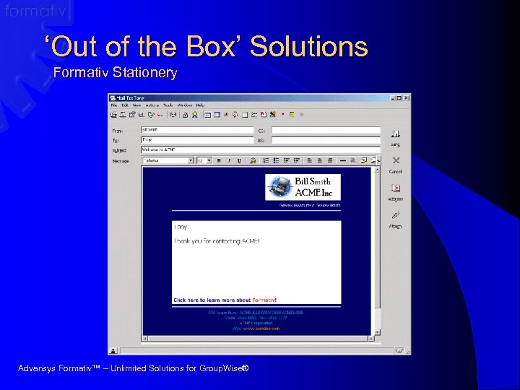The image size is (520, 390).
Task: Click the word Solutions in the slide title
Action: [x=308, y=48]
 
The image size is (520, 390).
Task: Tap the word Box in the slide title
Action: [x=212, y=48]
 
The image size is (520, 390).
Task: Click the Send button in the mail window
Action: [x=395, y=136]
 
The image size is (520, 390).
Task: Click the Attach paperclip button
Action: [x=395, y=218]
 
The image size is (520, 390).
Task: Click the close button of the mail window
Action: [x=406, y=97]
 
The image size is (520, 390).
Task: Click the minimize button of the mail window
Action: [x=393, y=97]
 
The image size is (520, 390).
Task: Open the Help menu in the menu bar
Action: [x=200, y=105]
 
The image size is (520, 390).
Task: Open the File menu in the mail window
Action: [x=113, y=105]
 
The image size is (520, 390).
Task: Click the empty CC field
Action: [x=326, y=130]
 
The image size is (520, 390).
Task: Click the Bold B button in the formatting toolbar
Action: [x=220, y=160]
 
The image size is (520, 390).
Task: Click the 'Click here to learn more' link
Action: [x=225, y=300]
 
